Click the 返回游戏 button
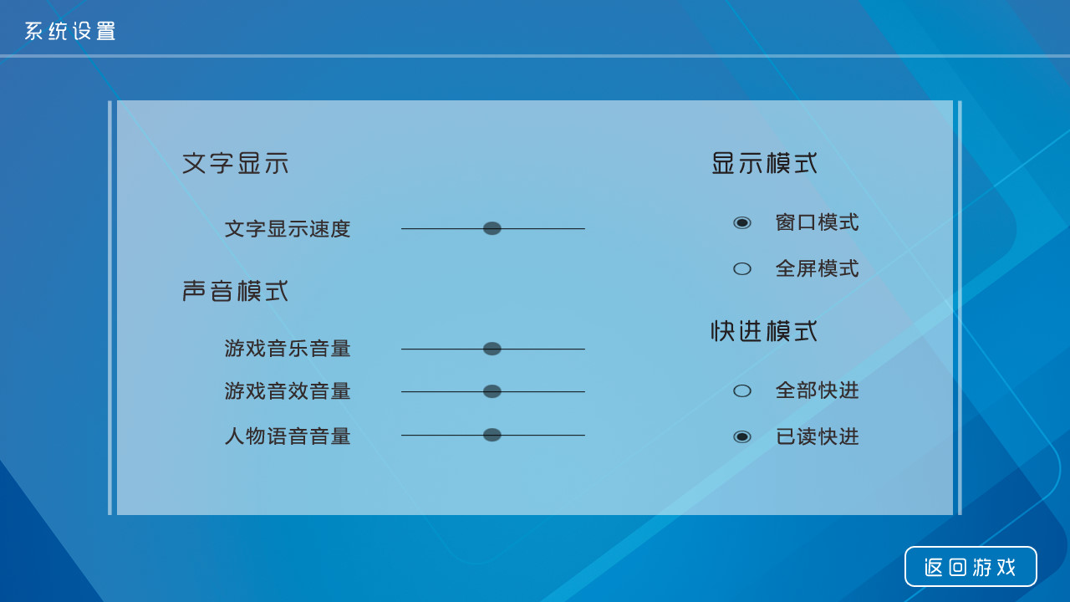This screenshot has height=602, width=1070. coord(971,567)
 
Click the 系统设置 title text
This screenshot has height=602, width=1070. coord(70,32)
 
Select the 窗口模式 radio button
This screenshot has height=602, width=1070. coord(742,222)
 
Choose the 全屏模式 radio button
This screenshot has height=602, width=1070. coord(742,268)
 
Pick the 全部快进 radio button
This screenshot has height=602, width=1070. coord(742,390)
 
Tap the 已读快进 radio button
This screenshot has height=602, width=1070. coord(742,436)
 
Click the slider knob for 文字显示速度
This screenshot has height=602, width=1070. coord(492,228)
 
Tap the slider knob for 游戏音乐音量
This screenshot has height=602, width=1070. coord(492,349)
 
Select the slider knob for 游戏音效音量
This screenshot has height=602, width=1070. coord(492,391)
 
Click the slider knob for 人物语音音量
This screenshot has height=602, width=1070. coord(492,435)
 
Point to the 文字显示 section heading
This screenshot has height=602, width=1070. coord(236,163)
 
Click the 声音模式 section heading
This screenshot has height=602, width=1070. coord(236,291)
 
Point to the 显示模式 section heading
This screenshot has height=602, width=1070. coord(764,163)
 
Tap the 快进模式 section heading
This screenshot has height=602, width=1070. coord(764,331)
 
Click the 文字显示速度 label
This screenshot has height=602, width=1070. coord(288,229)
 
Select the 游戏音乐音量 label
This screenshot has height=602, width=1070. coord(288,349)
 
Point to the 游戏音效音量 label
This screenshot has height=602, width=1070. coord(288,391)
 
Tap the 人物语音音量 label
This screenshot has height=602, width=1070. coord(288,436)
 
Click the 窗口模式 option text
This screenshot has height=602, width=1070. coord(817,222)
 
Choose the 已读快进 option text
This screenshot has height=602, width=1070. coord(817,436)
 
